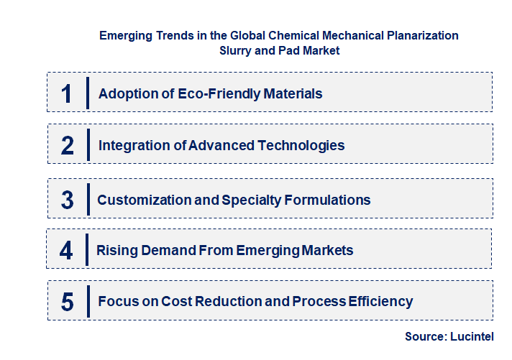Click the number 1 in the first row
[67, 93]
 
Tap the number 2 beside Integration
[68, 145]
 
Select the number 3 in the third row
[68, 200]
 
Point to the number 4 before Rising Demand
[67, 250]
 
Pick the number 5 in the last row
[68, 301]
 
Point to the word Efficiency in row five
[380, 301]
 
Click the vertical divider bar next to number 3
[88, 198]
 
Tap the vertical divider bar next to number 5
[88, 300]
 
